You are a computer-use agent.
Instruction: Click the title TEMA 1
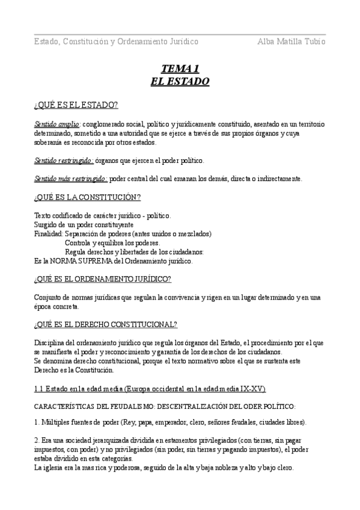[180, 68]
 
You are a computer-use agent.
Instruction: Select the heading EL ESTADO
[180, 81]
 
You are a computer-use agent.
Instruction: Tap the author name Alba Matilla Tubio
[291, 42]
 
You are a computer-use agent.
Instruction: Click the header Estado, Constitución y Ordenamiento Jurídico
[116, 42]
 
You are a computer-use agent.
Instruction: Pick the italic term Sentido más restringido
[71, 179]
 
